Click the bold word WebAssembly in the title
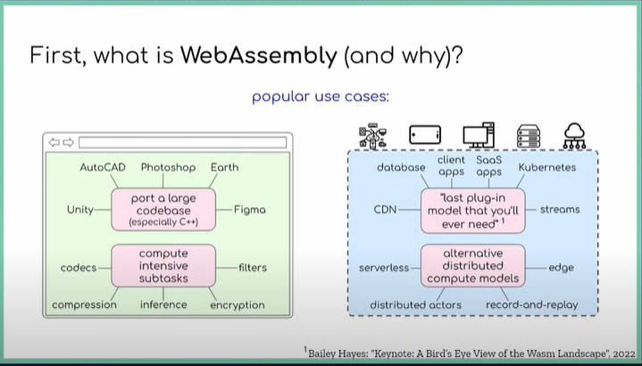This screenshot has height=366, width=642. point(259,55)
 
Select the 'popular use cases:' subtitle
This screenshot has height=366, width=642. point(321,97)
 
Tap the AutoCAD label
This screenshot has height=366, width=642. point(103,167)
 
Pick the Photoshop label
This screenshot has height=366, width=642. point(168,168)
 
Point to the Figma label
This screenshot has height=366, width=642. point(250,210)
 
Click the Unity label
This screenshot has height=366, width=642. point(80,210)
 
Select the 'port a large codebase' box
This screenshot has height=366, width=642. point(163,210)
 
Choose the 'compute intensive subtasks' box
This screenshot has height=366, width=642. point(163,266)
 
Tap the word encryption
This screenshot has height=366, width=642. point(237,305)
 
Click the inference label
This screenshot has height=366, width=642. point(163,304)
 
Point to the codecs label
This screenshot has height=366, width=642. point(79,268)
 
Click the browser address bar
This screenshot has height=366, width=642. point(183,143)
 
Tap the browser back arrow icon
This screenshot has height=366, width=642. point(54,143)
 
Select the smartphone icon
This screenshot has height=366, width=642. point(425,135)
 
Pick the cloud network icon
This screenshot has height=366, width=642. point(574,136)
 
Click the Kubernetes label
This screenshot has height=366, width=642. point(547,168)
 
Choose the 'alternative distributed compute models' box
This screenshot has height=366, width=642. point(473,266)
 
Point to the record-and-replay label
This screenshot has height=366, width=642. point(532,305)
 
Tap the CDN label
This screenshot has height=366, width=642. point(385,210)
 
